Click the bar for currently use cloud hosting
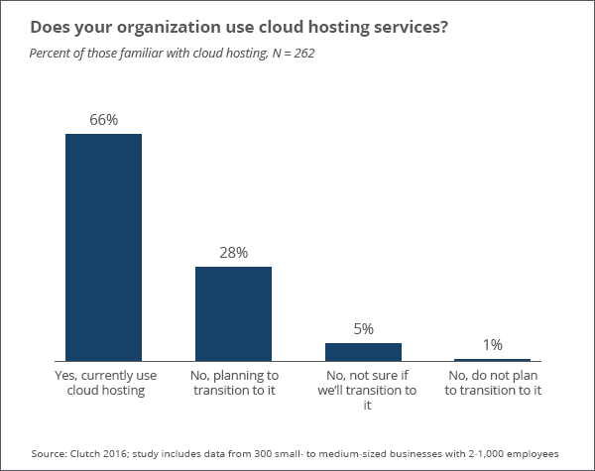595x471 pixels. (x=103, y=247)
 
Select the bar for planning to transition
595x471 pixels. (x=233, y=313)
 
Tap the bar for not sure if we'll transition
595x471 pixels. (x=363, y=351)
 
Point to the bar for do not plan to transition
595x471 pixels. (x=492, y=359)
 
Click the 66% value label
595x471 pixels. (x=103, y=120)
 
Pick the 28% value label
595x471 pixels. (x=233, y=253)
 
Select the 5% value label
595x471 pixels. (x=363, y=329)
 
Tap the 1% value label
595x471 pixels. (x=493, y=345)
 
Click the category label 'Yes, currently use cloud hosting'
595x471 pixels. (x=103, y=384)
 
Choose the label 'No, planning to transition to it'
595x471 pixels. (x=233, y=384)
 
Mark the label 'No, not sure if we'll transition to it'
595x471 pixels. (x=363, y=391)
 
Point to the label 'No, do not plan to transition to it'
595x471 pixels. (x=493, y=384)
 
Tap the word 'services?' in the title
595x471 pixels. (x=410, y=26)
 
